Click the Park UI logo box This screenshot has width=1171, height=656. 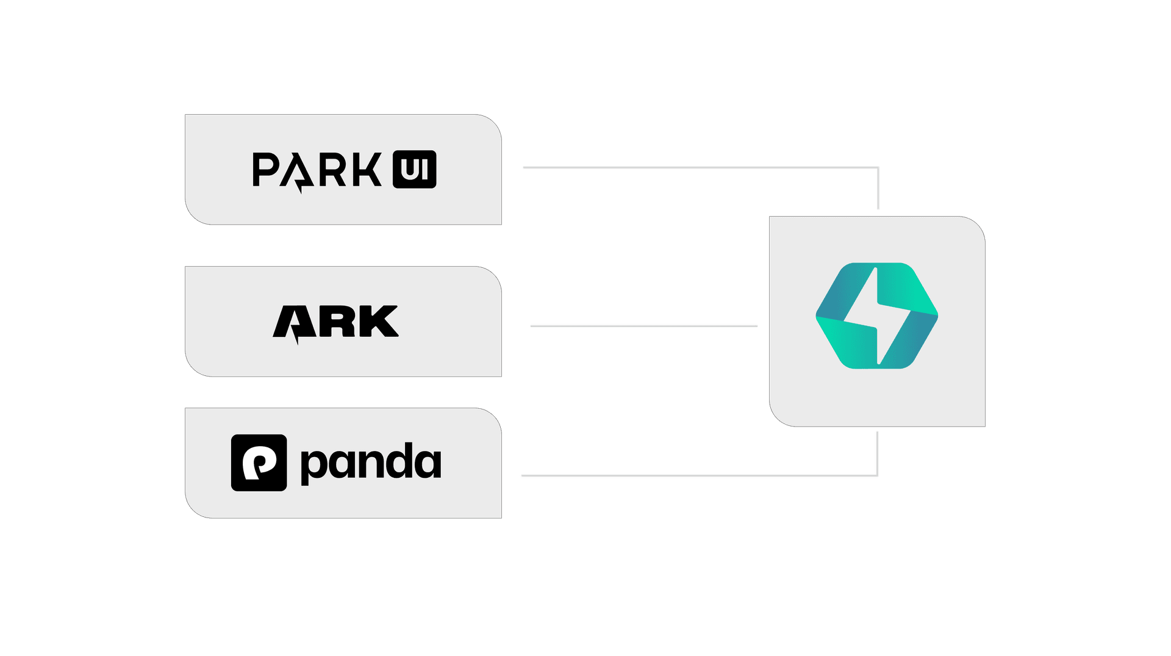343,170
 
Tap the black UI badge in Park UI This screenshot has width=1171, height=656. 415,169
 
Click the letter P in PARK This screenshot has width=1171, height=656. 265,170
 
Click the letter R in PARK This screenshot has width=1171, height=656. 332,170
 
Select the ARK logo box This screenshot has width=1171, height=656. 343,322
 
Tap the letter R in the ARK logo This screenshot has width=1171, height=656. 337,321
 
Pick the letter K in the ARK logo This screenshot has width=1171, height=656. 378,321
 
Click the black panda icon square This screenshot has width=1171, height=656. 259,463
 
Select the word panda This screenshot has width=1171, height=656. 371,464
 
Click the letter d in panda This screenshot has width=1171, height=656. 396,461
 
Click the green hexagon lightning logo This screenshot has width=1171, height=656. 877,315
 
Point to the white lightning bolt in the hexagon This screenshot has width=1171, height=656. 877,315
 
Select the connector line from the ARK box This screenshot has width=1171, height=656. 644,326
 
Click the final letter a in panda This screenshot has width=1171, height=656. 428,464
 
